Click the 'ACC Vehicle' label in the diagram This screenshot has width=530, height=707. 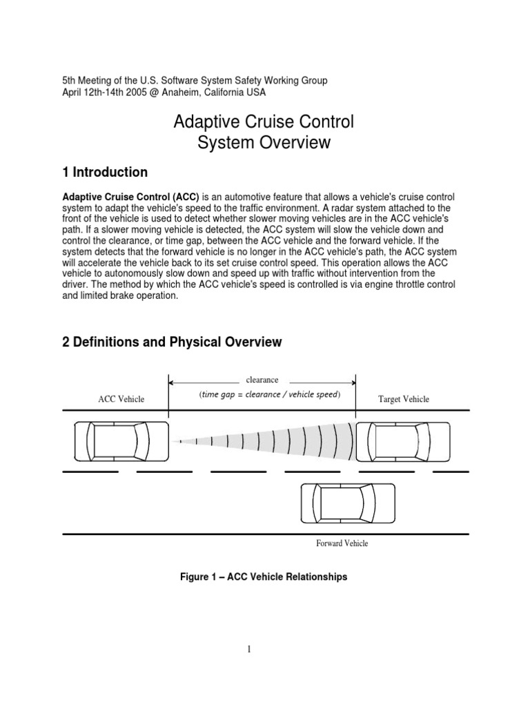121,399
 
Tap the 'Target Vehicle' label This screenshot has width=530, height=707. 404,399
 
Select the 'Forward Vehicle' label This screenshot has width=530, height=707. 342,543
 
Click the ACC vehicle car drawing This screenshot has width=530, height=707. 121,441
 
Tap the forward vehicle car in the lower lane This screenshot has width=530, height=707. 349,503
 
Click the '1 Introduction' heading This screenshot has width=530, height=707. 105,172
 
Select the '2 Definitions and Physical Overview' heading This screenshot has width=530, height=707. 173,342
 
